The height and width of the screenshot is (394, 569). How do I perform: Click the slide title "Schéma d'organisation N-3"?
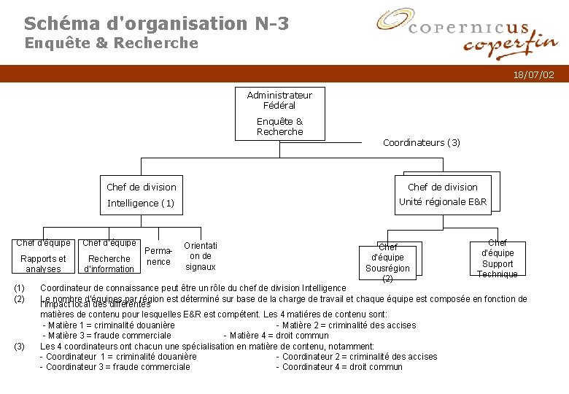coord(156,23)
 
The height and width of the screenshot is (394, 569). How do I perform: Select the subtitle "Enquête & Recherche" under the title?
coord(112,43)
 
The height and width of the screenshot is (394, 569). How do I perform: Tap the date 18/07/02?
coord(533,74)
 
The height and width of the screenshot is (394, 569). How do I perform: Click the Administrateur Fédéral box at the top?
coord(279,113)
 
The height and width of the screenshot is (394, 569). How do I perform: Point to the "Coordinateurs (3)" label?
coord(422,142)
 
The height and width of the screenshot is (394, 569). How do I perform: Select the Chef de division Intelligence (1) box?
coord(141,195)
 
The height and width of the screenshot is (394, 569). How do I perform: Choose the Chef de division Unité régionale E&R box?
coord(442,194)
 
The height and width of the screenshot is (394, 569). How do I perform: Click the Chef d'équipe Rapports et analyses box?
coord(43,256)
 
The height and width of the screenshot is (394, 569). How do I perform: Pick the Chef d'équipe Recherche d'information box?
coord(109,256)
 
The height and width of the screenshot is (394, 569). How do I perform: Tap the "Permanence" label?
coord(158,256)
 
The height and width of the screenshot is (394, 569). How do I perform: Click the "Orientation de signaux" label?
coord(201,256)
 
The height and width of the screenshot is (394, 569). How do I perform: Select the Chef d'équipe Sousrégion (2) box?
coord(387,262)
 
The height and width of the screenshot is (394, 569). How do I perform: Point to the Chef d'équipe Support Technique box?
coord(498,258)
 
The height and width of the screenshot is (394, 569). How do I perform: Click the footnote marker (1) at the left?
coord(20,288)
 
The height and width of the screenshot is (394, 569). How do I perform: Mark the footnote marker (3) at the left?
coord(20,346)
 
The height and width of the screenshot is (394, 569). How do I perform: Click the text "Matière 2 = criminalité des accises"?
coord(346,325)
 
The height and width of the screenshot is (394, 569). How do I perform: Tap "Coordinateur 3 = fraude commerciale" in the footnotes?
coord(115,367)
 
